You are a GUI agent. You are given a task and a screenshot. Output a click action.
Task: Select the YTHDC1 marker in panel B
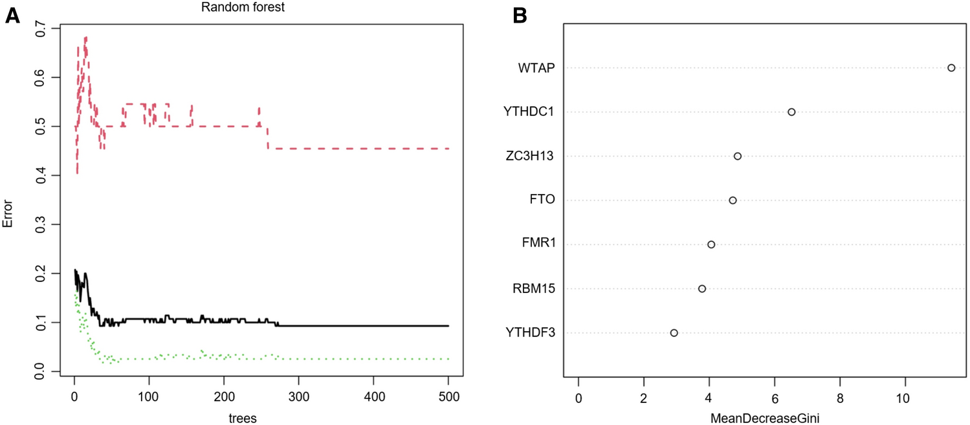coord(791,112)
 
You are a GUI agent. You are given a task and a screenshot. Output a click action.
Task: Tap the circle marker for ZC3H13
coord(737,156)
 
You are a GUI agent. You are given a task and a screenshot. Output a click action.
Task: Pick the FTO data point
coord(733,200)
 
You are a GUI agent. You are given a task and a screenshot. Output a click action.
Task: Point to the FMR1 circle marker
coord(711,245)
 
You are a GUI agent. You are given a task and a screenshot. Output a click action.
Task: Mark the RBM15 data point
coord(701,289)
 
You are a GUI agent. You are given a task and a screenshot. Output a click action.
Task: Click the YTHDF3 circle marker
coord(674,332)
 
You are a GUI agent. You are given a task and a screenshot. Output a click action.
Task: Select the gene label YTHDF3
coord(530,333)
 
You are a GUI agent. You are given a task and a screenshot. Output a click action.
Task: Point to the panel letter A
coord(13,16)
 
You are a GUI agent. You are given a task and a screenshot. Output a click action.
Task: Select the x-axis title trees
coord(243,418)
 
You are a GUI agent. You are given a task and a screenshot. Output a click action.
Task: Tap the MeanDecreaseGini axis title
coord(766,418)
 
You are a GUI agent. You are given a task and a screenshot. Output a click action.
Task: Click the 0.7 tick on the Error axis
coord(41,28)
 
